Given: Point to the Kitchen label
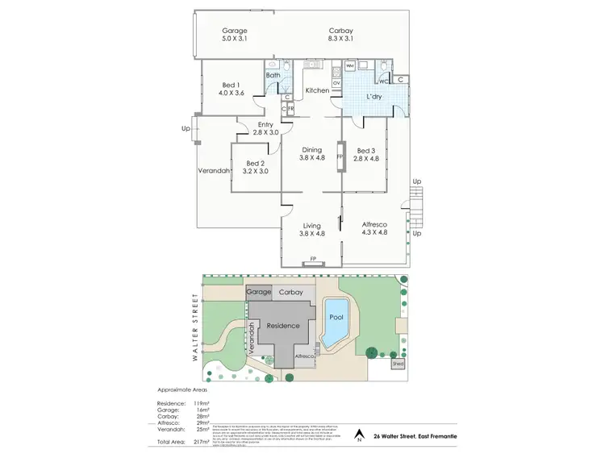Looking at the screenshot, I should (316, 90).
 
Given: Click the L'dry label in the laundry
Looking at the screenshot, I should (374, 97).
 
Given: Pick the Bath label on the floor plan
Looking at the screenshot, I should (273, 75).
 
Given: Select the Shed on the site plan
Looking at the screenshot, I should (398, 364).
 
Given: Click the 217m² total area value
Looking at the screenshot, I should (202, 443).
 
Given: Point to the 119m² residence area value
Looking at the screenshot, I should (202, 402).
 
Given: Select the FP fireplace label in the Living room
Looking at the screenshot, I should (311, 260).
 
